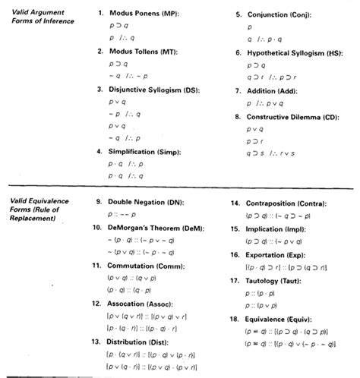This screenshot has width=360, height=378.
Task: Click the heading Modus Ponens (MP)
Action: click(x=146, y=14)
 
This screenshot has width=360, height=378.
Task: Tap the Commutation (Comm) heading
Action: click(x=149, y=266)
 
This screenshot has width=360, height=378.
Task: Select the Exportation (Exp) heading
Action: click(x=279, y=254)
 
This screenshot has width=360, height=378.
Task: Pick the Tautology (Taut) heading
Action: click(x=277, y=279)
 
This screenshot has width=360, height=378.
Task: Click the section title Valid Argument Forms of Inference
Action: click(x=42, y=17)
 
